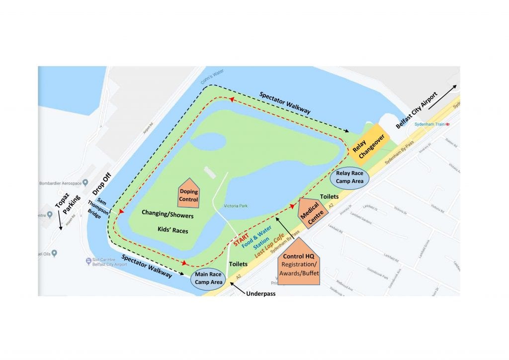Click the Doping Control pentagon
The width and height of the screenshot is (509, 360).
click(x=188, y=194)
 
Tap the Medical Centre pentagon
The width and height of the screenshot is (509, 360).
click(x=313, y=214)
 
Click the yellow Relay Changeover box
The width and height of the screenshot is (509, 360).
click(x=366, y=146)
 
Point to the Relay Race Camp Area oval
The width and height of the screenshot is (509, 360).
click(x=350, y=178)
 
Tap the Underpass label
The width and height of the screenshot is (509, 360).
click(x=260, y=293)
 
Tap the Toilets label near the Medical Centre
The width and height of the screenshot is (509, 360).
click(x=330, y=197)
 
